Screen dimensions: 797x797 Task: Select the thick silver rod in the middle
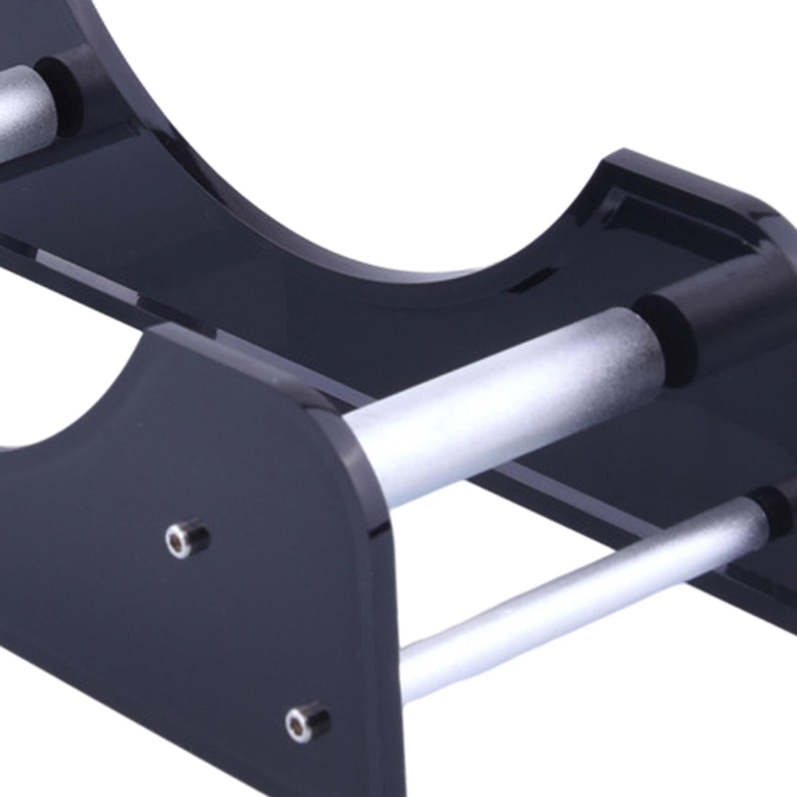496,381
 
